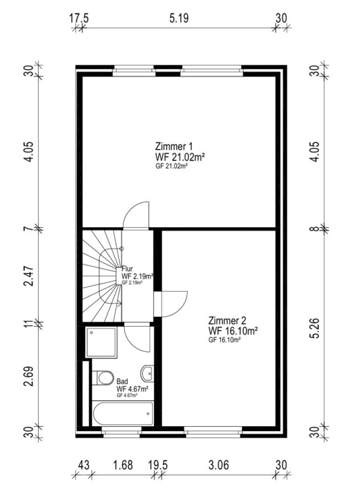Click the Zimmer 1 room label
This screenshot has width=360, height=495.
[173, 146]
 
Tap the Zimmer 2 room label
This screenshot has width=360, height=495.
[227, 321]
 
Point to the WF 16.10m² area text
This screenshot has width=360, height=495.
[233, 331]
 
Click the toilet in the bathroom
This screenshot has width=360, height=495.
[103, 378]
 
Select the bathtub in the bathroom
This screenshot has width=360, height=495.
[123, 414]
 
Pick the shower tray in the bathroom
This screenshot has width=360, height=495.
[101, 343]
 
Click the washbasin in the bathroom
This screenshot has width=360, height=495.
[148, 373]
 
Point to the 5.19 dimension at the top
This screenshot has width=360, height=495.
[179, 18]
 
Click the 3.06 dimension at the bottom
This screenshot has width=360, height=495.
[219, 465]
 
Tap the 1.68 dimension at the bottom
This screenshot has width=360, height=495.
[123, 465]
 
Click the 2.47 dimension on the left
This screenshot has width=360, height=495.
[29, 276]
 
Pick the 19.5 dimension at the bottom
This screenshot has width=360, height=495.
[158, 465]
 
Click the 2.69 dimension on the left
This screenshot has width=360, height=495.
[29, 376]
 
